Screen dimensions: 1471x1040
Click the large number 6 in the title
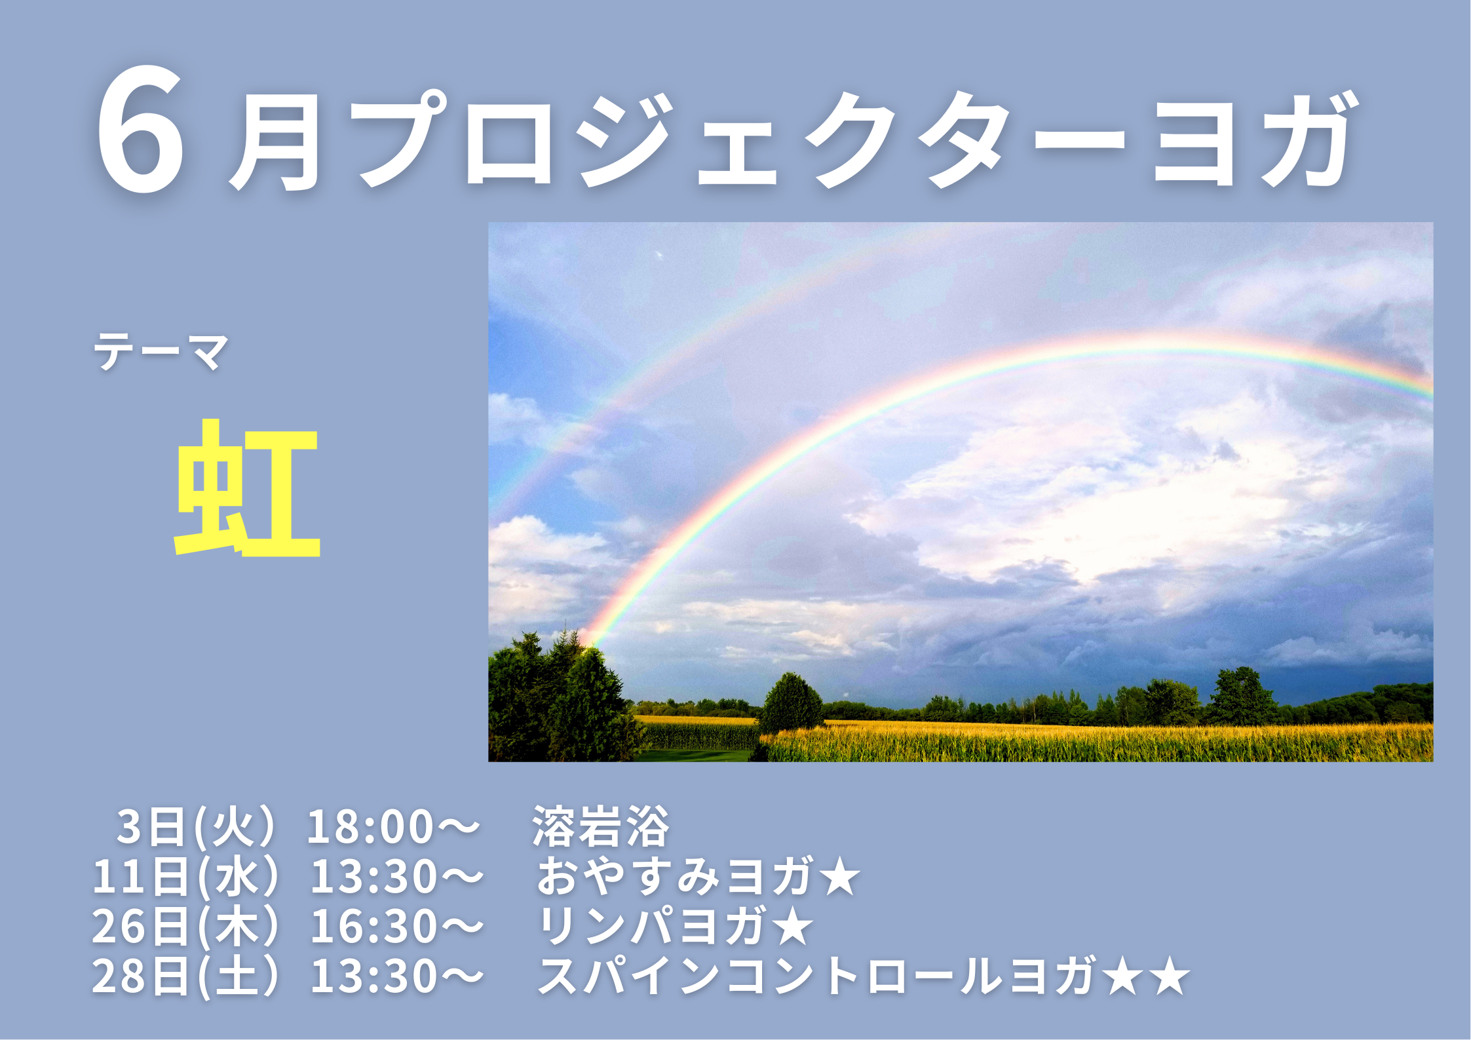140,130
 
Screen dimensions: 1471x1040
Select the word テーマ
161,351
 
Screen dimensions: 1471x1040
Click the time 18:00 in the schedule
370,827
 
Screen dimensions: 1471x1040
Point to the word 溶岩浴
600,826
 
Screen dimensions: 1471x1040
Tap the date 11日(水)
185,877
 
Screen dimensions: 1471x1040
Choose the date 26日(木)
185,927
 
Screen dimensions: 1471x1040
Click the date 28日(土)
185,976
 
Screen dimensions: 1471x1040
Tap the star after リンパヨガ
792,927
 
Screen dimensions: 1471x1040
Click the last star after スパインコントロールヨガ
1168,976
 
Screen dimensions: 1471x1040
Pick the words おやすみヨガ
676,877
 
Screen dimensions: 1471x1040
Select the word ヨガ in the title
1252,139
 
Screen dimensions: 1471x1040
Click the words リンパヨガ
652,927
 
